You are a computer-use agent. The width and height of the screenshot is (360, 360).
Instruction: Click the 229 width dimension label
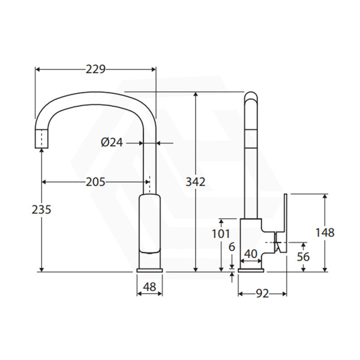pyautogui.click(x=95, y=69)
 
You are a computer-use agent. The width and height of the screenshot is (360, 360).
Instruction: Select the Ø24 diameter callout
pyautogui.click(x=112, y=143)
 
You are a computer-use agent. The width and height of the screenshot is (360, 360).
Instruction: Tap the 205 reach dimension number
pyautogui.click(x=95, y=182)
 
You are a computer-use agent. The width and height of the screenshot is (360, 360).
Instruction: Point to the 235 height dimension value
pyautogui.click(x=41, y=210)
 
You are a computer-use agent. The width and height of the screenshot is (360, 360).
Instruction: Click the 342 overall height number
pyautogui.click(x=195, y=182)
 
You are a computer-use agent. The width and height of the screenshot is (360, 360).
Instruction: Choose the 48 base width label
pyautogui.click(x=149, y=287)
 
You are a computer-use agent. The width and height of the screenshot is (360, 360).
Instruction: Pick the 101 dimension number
pyautogui.click(x=221, y=234)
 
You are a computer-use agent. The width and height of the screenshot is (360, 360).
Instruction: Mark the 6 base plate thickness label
pyautogui.click(x=232, y=247)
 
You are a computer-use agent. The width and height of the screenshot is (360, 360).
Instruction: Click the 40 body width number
pyautogui.click(x=251, y=254)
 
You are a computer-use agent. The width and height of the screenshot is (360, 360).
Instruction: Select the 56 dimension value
pyautogui.click(x=303, y=256)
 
